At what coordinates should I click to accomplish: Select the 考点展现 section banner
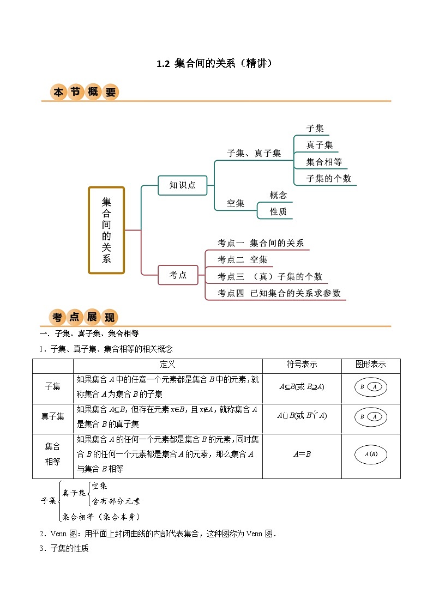click(x=85, y=317)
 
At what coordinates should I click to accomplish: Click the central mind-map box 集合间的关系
click(x=106, y=230)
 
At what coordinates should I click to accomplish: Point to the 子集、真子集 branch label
click(x=254, y=154)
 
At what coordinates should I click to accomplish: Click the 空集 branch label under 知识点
click(x=236, y=203)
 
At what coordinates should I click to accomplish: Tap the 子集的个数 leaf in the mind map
click(x=329, y=178)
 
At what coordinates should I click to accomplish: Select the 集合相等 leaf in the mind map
click(x=324, y=162)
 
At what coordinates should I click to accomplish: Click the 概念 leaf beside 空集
click(x=278, y=195)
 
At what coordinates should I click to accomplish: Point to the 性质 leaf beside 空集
click(x=278, y=211)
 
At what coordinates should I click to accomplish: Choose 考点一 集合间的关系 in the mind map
click(x=261, y=243)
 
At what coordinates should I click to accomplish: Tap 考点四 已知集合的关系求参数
click(x=279, y=293)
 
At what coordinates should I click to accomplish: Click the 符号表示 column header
click(x=302, y=365)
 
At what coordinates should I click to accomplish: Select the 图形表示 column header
click(x=370, y=365)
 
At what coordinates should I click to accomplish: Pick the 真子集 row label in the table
click(x=53, y=416)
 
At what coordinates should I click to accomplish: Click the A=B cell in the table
click(x=302, y=453)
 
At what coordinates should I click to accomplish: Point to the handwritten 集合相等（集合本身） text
click(x=101, y=516)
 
